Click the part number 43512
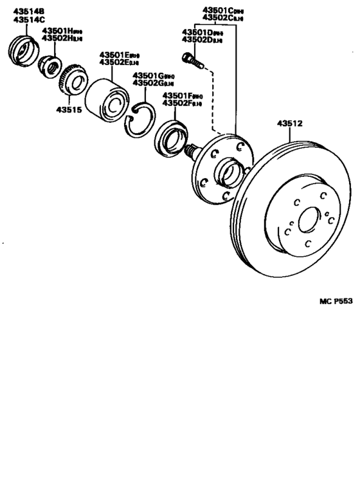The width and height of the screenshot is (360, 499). (x=289, y=123)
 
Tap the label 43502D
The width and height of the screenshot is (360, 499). (x=197, y=40)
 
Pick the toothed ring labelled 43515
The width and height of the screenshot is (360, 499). (x=71, y=83)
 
